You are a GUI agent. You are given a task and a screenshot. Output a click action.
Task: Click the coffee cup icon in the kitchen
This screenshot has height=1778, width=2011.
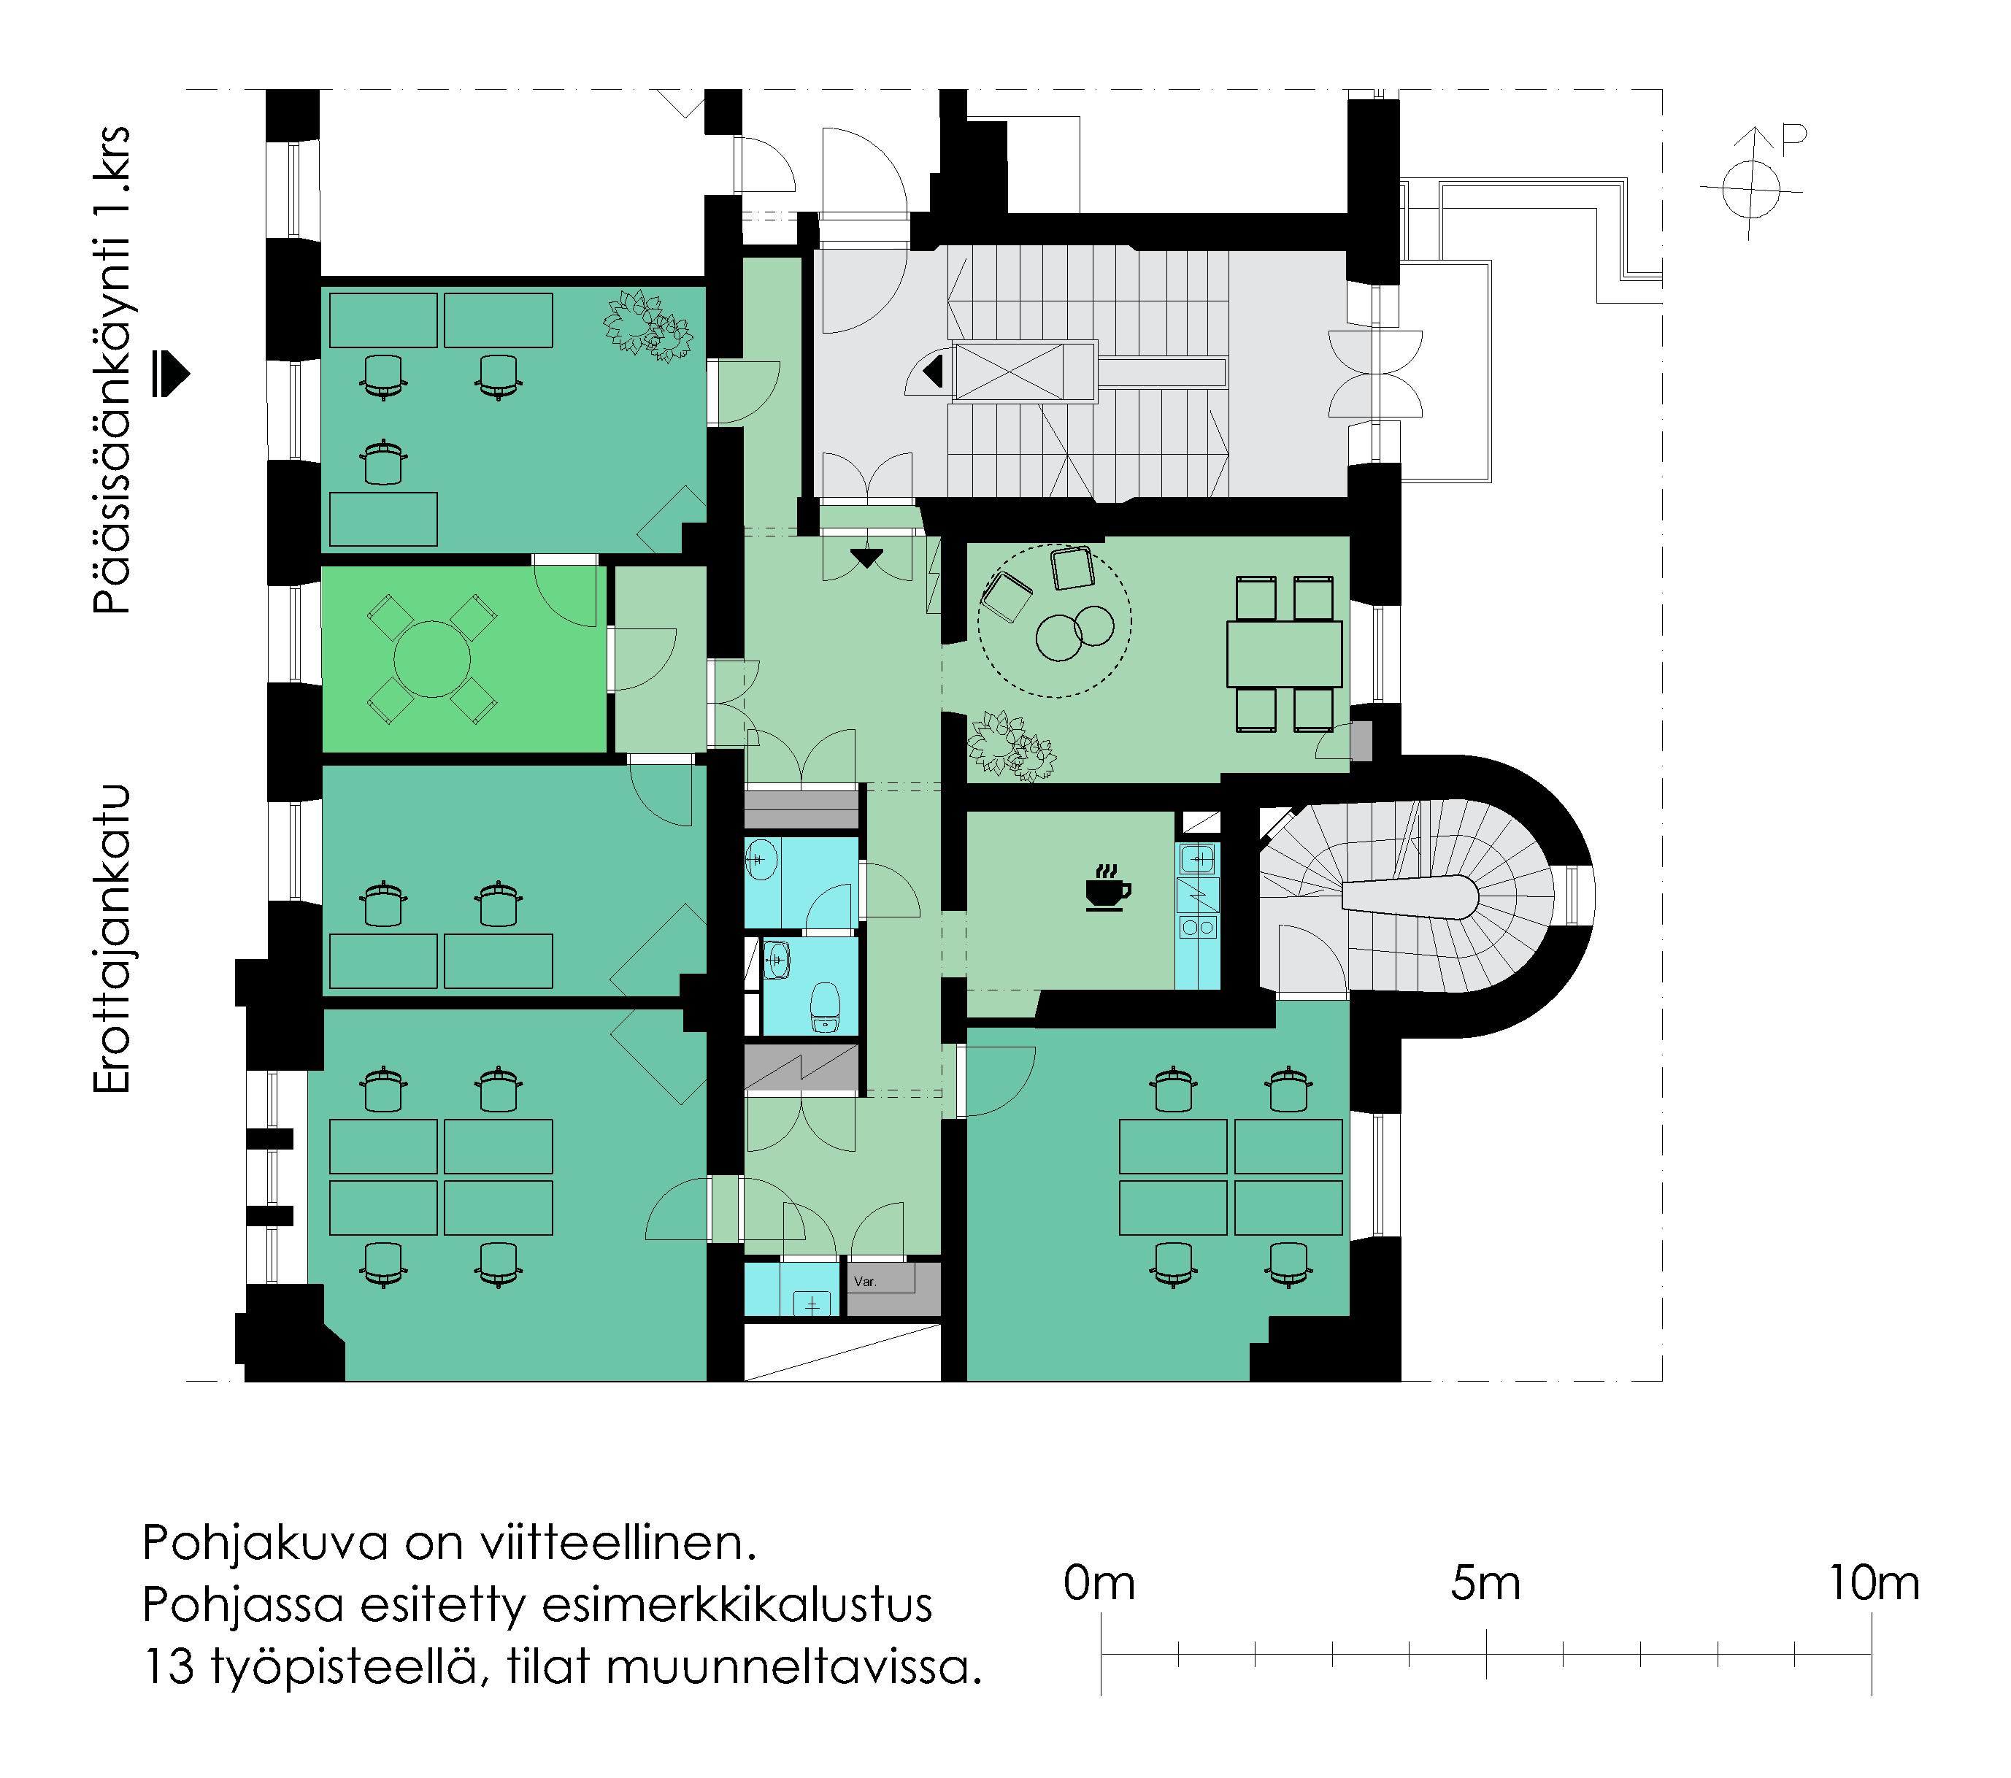click(x=1108, y=888)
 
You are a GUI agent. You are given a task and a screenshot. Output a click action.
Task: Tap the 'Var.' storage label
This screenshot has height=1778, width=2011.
click(x=865, y=1281)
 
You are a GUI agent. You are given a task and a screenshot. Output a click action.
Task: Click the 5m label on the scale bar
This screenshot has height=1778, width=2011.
click(x=1485, y=1583)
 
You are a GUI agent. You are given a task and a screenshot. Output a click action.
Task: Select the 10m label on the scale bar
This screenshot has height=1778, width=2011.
click(x=1873, y=1583)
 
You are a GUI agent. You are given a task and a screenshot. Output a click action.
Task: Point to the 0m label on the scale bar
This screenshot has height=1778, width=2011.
click(x=1099, y=1583)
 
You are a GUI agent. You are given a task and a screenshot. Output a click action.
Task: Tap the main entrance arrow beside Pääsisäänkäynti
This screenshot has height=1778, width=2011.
click(x=172, y=374)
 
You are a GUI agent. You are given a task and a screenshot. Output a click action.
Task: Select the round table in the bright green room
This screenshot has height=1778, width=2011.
click(x=432, y=659)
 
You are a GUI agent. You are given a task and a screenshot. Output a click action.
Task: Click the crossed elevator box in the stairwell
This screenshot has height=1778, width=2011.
click(x=1010, y=372)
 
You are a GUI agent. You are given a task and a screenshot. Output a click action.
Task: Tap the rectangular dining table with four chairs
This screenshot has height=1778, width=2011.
click(x=1284, y=653)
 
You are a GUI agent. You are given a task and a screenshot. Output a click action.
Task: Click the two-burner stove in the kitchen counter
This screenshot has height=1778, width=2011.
click(x=1197, y=927)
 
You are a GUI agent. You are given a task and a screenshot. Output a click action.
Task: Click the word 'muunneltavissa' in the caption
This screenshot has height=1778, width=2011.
click(x=794, y=1667)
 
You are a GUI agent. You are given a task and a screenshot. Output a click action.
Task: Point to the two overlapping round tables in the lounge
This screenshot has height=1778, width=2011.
click(x=1074, y=633)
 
